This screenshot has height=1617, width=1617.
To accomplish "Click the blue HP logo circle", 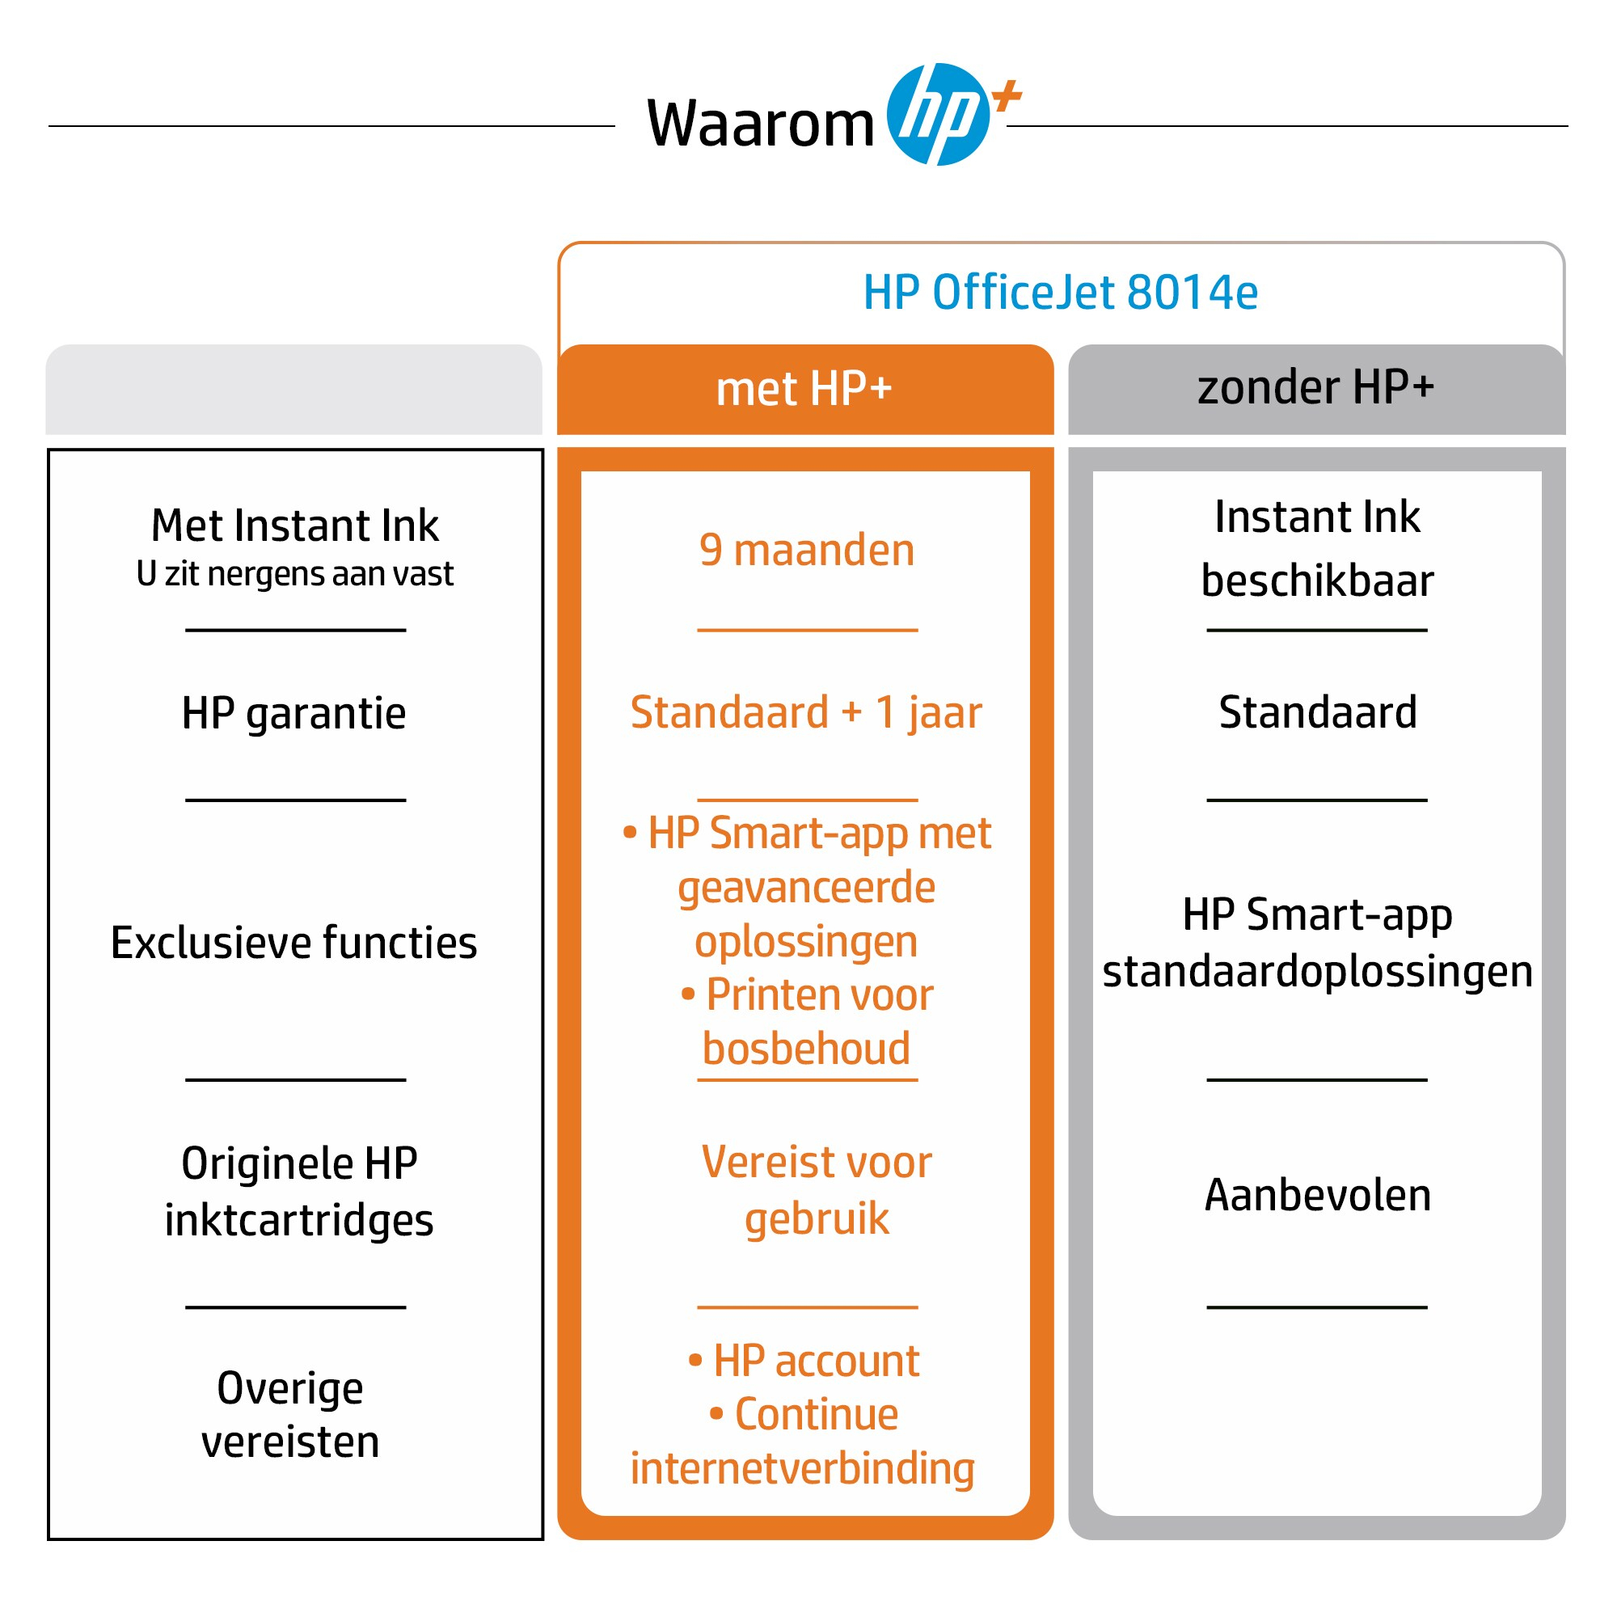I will [937, 115].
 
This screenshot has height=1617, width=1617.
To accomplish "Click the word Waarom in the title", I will [760, 125].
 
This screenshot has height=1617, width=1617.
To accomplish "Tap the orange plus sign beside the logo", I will [1007, 95].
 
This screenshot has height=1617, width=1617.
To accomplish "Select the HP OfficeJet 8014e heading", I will [1060, 292].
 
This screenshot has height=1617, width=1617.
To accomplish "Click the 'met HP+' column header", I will [804, 389].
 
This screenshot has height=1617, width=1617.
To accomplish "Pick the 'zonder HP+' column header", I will [1315, 387].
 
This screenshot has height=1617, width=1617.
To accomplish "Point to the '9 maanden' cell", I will [807, 551].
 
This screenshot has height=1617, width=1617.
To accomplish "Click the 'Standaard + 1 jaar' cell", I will [806, 712].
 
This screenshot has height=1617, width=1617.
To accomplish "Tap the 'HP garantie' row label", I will [293, 713].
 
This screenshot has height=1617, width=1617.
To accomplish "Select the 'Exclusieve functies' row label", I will [293, 943].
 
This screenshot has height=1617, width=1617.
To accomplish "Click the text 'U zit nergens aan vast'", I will [294, 574].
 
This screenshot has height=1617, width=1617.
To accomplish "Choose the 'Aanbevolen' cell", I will [1317, 1194].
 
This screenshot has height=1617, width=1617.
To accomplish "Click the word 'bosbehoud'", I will [806, 1049].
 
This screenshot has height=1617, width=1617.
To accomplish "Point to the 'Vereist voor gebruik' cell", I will [816, 1189].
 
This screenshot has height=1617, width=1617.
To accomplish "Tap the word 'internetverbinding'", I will [803, 1469].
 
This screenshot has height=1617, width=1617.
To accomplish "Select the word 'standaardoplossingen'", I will [1317, 972].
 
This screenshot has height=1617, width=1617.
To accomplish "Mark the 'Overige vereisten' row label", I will [290, 1414].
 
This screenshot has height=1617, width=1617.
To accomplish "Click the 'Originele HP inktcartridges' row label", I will [299, 1191].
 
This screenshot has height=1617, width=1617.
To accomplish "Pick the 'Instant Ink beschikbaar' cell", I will [1317, 548].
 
